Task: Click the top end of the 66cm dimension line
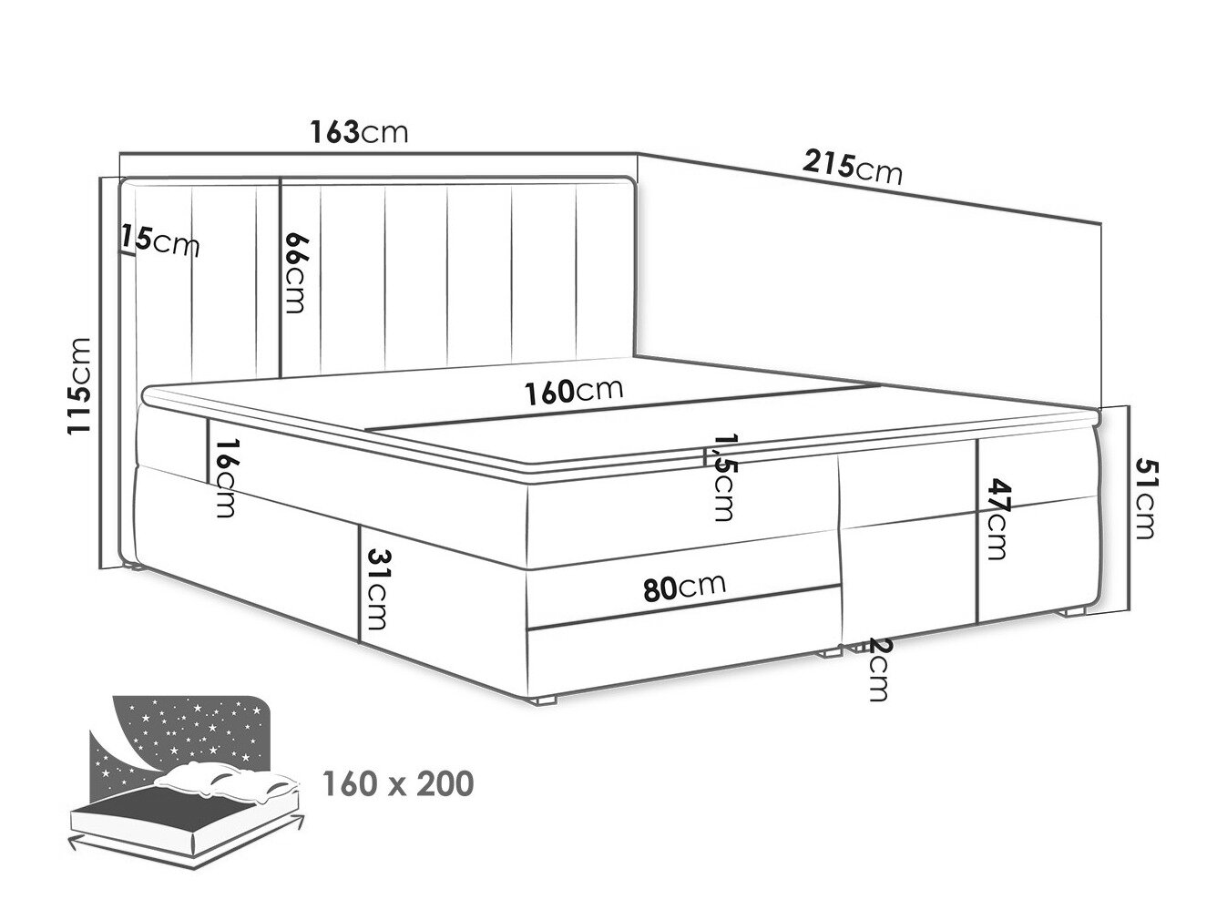279,179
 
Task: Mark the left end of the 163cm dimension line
120,153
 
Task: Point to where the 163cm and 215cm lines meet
638,154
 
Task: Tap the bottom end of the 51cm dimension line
1128,609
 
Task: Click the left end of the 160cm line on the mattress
366,430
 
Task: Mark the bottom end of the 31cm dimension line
361,641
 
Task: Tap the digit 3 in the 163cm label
351,132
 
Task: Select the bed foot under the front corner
547,700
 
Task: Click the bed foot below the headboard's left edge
133,569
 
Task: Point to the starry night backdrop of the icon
185,728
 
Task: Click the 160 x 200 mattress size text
398,783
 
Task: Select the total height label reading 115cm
77,385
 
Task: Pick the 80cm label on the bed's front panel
684,587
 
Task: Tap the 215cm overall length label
852,167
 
